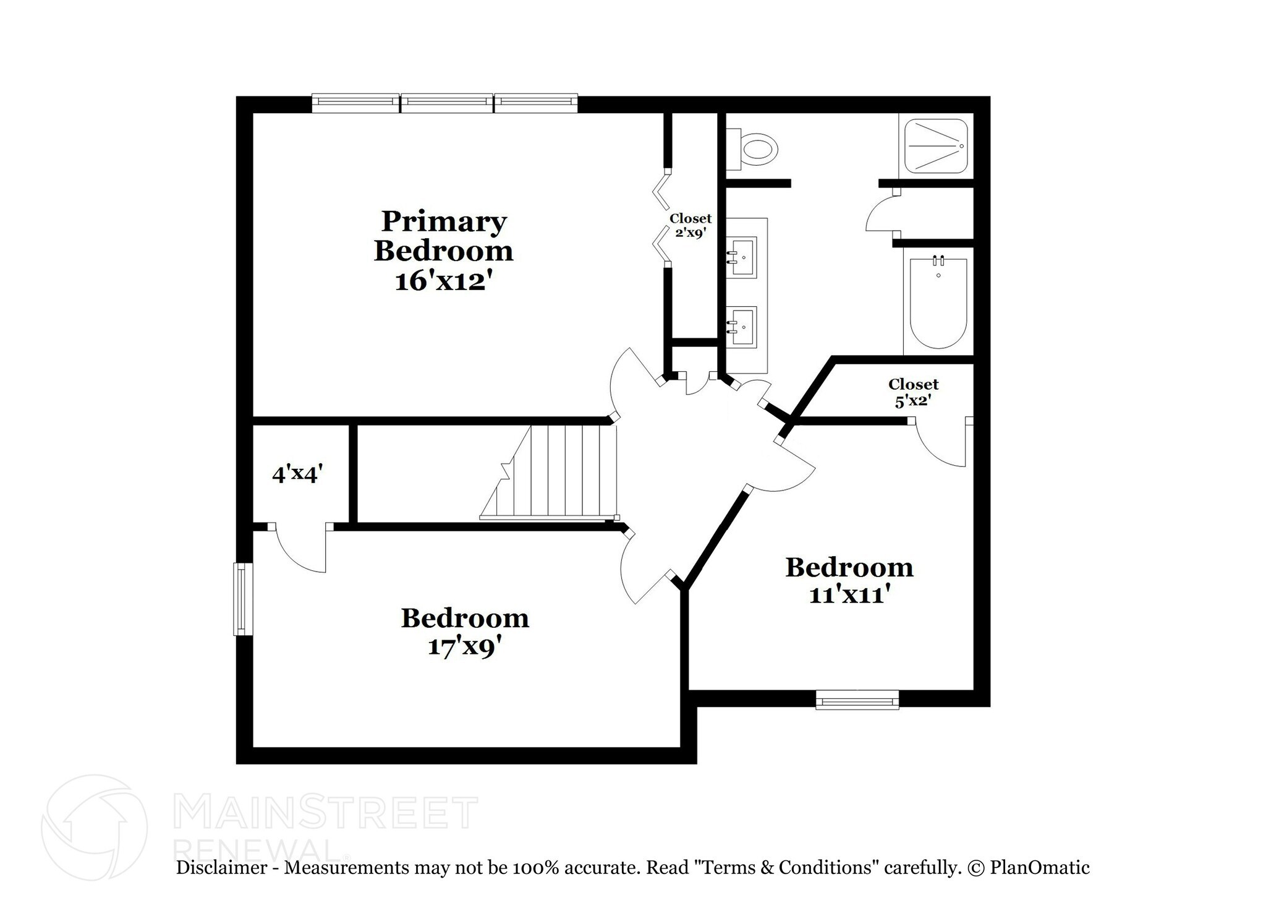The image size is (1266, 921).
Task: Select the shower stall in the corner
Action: [x=936, y=147]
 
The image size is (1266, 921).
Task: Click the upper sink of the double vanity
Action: [x=742, y=256]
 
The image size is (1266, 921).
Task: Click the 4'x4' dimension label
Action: [x=298, y=474]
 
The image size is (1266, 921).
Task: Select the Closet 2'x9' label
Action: [x=690, y=226]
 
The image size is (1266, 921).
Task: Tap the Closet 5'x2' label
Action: [x=913, y=392]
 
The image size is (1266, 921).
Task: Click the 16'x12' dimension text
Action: [x=444, y=282]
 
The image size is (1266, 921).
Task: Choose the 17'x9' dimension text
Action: [x=464, y=647]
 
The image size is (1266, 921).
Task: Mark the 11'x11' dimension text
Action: [x=849, y=595]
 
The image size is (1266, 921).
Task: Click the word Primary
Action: [x=444, y=221]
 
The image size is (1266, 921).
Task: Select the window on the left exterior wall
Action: [x=243, y=599]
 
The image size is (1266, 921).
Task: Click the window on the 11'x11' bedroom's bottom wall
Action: [x=857, y=700]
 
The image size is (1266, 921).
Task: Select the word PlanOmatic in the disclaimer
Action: [x=1039, y=868]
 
